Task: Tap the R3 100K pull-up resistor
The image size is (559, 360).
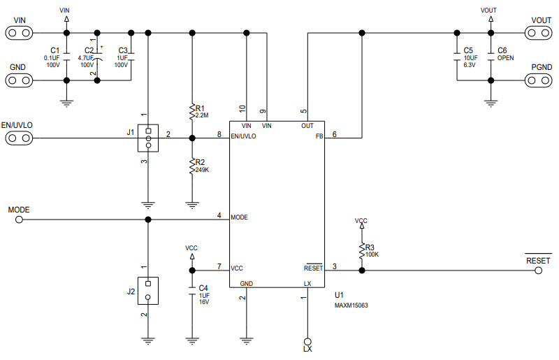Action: pos(361,250)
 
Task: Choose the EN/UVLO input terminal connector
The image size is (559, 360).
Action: pos(19,138)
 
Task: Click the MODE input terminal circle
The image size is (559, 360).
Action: pos(19,219)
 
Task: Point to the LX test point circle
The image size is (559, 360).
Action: pos(306,339)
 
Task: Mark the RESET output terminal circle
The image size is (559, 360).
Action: pos(539,270)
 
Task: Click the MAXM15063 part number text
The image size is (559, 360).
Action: pos(351,305)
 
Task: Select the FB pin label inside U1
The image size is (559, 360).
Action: pos(319,137)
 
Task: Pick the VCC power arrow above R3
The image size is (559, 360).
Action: pos(361,228)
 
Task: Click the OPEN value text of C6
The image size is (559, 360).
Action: pos(505,58)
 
